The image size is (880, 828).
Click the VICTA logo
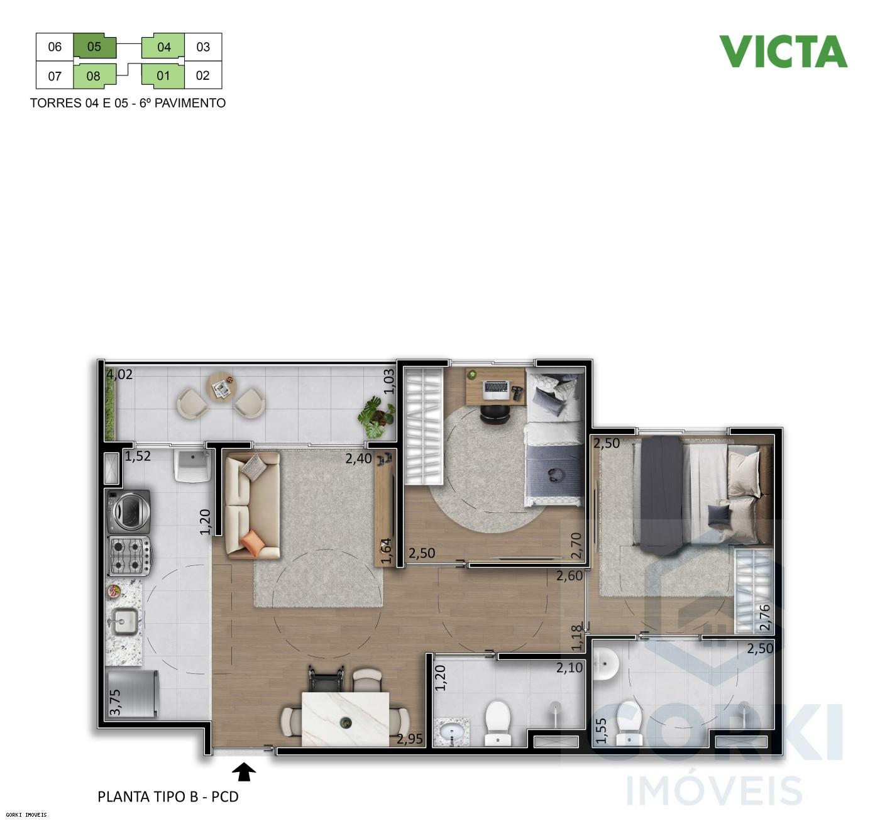pos(783,52)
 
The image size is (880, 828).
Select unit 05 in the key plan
pos(94,47)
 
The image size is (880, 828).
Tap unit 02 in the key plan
pos(202,75)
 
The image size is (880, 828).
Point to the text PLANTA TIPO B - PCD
pos(168,797)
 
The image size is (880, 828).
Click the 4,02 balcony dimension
pos(119,375)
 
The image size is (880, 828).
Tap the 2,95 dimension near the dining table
pos(410,739)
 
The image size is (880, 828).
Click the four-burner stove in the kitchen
pos(129,556)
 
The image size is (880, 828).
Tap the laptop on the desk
pos(495,390)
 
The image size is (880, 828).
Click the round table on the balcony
pos(221,385)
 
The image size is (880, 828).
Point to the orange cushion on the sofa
pos(253,543)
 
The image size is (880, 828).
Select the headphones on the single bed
pos(555,475)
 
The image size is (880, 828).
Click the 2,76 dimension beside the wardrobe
pos(765,617)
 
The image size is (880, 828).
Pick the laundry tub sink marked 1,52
pos(192,465)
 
